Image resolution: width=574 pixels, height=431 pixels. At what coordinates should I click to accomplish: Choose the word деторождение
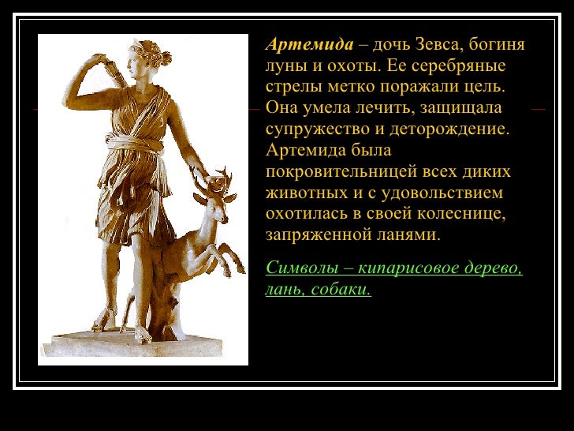click(449, 129)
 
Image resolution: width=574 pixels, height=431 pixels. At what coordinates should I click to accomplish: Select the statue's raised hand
click(101, 60)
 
